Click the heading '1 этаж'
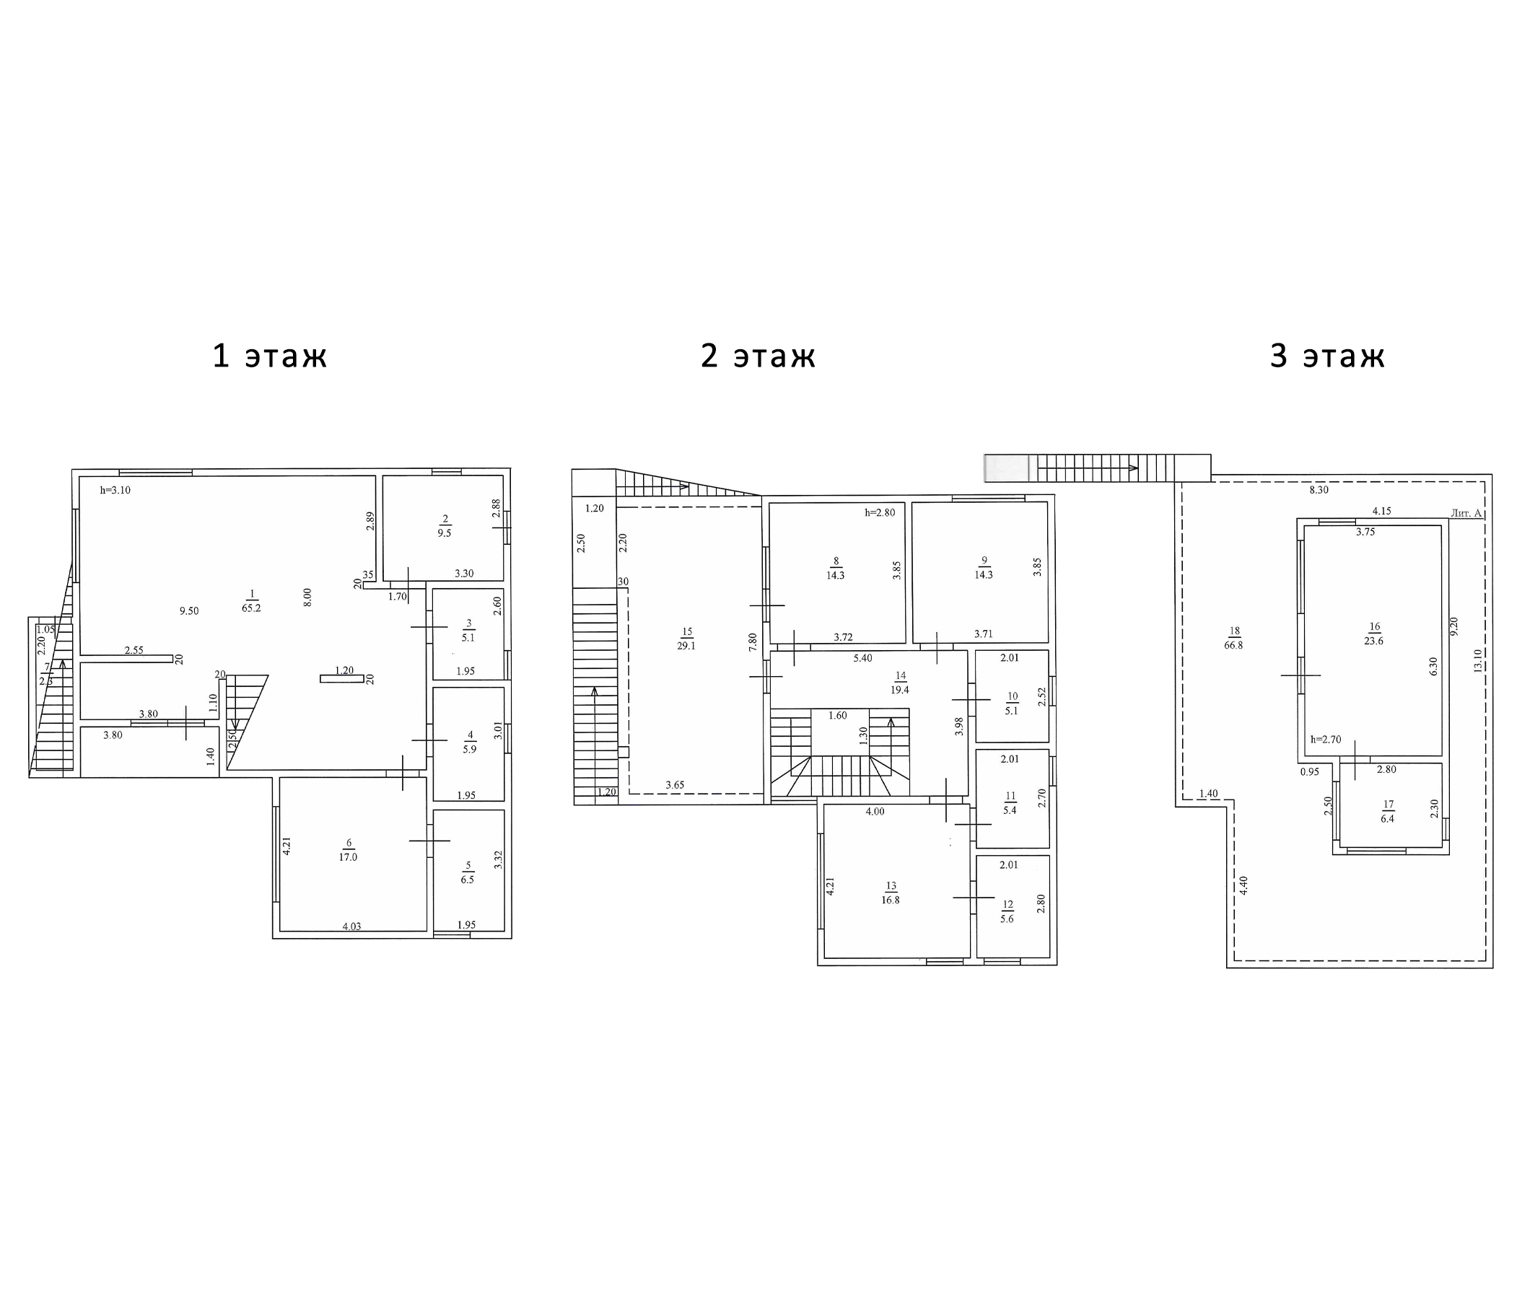(x=269, y=356)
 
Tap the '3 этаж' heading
(x=1326, y=356)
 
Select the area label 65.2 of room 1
(x=251, y=608)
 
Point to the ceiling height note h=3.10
(x=115, y=491)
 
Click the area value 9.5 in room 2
(x=445, y=533)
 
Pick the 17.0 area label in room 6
(x=348, y=857)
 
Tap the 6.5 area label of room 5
(x=467, y=880)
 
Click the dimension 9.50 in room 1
(x=189, y=611)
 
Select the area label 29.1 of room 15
(x=686, y=646)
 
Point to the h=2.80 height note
(x=880, y=512)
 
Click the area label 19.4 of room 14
(x=900, y=690)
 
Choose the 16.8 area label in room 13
(x=891, y=900)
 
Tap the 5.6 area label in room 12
(x=1007, y=919)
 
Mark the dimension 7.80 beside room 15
(x=753, y=643)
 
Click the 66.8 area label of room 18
(x=1233, y=645)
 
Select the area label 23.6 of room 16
(x=1373, y=641)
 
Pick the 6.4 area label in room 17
(x=1387, y=818)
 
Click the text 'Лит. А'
(x=1466, y=513)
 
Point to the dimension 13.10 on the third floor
(x=1478, y=660)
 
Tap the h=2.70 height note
(x=1326, y=740)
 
